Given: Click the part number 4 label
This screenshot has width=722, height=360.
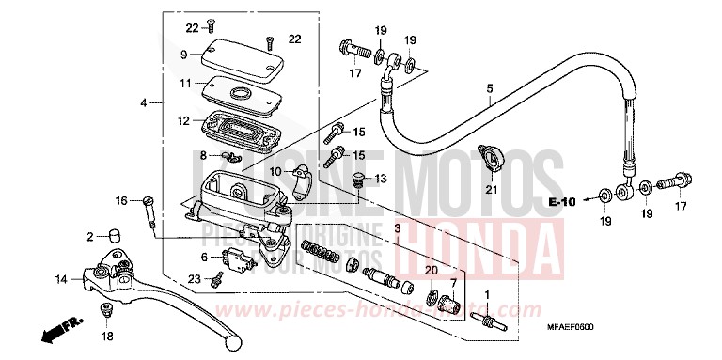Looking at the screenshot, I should (145, 102).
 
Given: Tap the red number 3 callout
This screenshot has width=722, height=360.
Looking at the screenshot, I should (397, 228).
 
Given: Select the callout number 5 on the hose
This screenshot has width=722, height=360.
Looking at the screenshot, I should (489, 90).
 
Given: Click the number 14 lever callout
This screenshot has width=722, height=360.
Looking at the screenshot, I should (60, 279).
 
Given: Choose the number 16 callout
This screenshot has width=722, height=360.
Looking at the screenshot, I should (120, 200).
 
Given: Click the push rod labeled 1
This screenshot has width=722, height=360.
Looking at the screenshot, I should (490, 323).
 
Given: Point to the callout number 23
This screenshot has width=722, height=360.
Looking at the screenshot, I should (193, 277).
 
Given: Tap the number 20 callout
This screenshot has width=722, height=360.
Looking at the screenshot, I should (431, 271).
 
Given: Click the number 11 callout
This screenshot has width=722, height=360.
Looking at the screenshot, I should (185, 84).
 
